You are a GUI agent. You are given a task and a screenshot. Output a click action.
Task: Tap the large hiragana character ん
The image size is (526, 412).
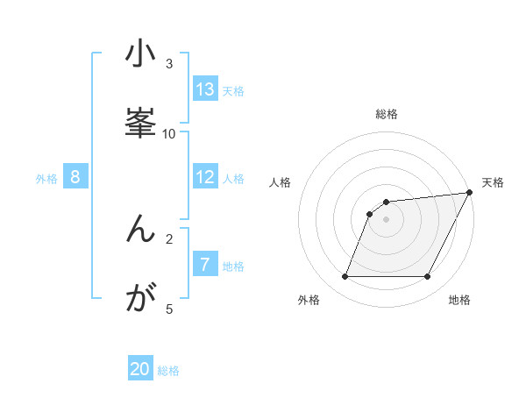tap(140, 230)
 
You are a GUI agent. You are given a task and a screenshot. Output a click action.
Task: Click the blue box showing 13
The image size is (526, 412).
tap(205, 89)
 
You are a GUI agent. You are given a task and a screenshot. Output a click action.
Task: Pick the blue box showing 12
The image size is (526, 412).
tap(205, 177)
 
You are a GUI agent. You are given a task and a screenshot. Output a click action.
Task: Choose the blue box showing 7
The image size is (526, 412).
tap(205, 265)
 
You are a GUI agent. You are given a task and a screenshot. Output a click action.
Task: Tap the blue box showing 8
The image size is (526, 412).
tap(75, 177)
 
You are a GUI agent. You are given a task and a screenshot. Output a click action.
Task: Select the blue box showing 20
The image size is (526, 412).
tap(140, 369)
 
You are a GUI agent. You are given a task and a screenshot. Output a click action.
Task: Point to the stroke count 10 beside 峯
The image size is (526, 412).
tap(169, 133)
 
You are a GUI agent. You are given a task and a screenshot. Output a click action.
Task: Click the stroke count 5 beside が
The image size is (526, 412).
tap(169, 309)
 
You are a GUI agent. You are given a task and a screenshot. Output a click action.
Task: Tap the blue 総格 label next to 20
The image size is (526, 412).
tap(168, 371)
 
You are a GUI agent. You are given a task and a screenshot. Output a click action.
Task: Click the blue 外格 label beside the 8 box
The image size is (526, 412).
tap(46, 179)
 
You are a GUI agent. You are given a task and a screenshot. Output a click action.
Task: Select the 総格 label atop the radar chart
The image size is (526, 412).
tap(387, 114)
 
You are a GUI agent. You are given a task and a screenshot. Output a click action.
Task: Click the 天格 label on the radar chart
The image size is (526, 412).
tap(493, 182)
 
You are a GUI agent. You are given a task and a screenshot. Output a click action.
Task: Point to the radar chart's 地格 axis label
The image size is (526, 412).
tap(459, 300)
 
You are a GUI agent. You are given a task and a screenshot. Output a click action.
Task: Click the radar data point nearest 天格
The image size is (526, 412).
tap(469, 193)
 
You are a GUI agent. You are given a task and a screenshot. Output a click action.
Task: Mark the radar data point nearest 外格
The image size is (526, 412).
tap(345, 277)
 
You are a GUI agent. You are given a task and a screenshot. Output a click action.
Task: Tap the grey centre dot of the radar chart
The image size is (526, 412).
tap(386, 219)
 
